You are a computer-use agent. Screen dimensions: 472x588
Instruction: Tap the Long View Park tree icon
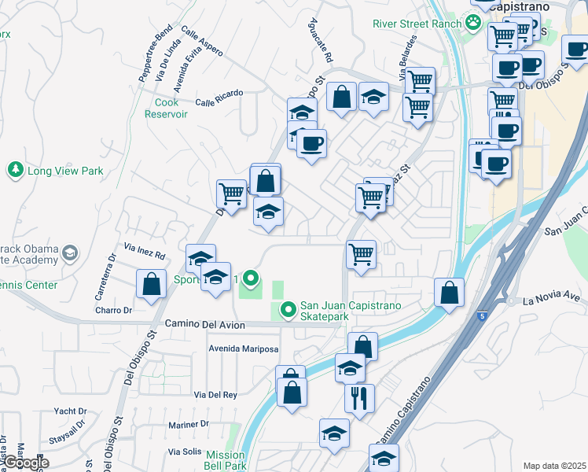click(x=14, y=170)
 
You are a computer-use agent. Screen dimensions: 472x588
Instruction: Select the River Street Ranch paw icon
click(x=472, y=23)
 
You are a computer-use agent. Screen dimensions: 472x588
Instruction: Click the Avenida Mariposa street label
click(x=244, y=348)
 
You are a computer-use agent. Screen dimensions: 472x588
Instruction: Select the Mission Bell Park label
click(x=226, y=460)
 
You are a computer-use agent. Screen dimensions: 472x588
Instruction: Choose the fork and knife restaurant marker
click(x=359, y=397)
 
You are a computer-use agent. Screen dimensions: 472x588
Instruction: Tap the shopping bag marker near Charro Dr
click(x=151, y=285)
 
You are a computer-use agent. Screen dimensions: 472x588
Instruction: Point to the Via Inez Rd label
click(x=145, y=256)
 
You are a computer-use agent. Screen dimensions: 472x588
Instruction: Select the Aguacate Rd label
click(x=322, y=41)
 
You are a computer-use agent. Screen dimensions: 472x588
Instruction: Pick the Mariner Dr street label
click(x=189, y=424)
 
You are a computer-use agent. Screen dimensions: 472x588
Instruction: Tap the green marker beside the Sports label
click(x=251, y=278)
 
